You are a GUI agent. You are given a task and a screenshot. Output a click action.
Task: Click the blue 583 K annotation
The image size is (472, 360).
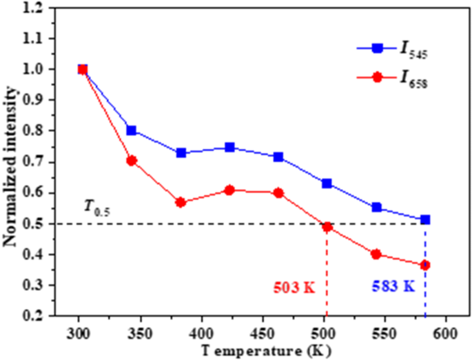coord(393,286)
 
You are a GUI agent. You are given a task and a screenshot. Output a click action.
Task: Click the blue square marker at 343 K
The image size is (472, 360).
coord(131,130)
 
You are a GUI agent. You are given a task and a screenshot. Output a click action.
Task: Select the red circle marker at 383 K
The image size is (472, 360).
coord(181,202)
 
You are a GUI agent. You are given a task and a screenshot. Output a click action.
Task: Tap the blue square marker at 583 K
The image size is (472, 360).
coord(425,219)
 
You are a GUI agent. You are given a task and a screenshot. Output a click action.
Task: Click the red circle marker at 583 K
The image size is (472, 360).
coord(425,265)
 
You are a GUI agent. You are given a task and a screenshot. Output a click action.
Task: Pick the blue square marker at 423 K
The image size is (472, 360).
coord(229,147)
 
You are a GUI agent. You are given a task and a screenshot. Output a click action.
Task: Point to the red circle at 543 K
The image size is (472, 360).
coord(376,254)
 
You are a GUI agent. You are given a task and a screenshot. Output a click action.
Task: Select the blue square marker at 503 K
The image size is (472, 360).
coord(327,183)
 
